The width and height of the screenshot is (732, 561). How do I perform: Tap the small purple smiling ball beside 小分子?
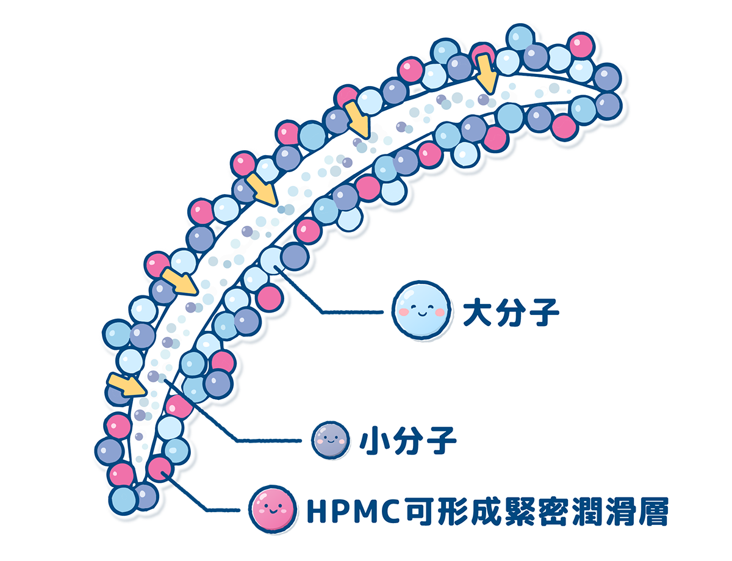(330, 440)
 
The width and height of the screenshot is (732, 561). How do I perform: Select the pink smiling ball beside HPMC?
(273, 509)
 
